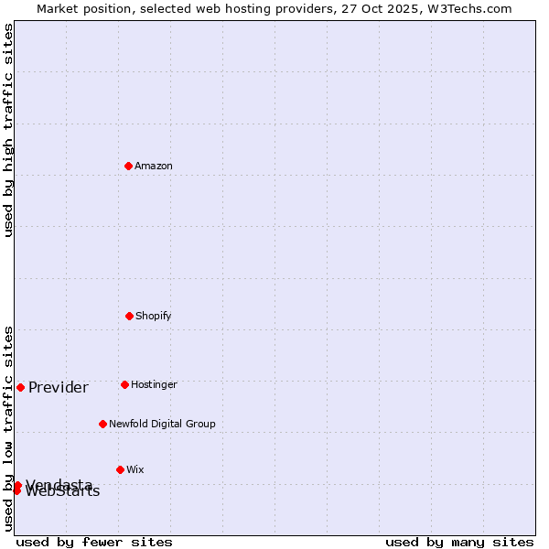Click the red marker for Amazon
coord(128,166)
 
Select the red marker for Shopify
coord(129,316)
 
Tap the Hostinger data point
coord(124,384)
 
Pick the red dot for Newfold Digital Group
coord(102,424)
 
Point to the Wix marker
coord(120,469)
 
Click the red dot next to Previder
coord(20,387)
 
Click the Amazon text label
coord(154,166)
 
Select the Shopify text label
coord(154,316)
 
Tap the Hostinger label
coord(154,384)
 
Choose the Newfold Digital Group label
coord(162,424)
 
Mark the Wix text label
coord(135,469)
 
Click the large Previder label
coord(59,387)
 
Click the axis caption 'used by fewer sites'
coord(94,542)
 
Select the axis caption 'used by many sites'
coord(459,542)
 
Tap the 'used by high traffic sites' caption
coord(8,130)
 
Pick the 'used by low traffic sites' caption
coord(8,428)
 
